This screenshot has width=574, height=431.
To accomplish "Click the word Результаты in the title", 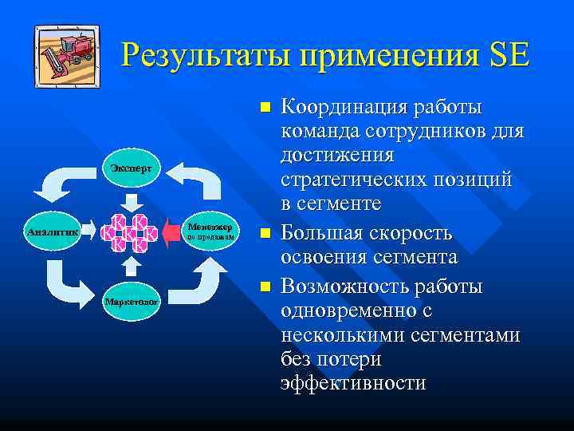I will coord(203,57).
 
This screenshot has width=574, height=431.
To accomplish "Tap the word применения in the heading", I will coord(386,57).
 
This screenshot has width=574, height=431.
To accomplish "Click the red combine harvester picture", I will coord(68,56).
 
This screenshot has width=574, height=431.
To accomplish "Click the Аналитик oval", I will coord(52,232).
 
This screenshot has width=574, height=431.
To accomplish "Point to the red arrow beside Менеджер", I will coord(171,233).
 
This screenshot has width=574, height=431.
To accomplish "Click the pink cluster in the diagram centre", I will coord(128,233).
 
